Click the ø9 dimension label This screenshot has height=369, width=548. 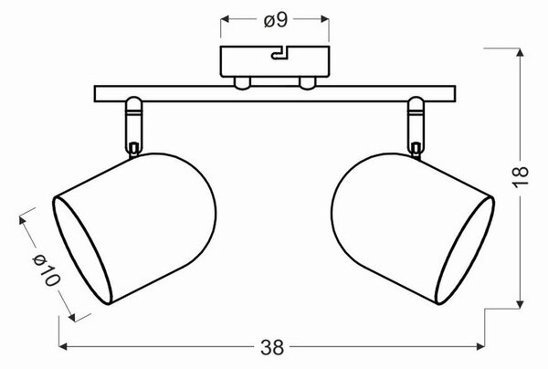(276, 21)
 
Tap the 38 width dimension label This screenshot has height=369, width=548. (272, 347)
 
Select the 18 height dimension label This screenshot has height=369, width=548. (521, 177)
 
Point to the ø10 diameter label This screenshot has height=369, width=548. (47, 269)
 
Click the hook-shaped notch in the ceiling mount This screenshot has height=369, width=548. (279, 53)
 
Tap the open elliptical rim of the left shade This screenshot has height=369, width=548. (82, 250)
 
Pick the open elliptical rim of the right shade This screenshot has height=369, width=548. (465, 250)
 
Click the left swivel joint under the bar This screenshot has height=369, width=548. (134, 127)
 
